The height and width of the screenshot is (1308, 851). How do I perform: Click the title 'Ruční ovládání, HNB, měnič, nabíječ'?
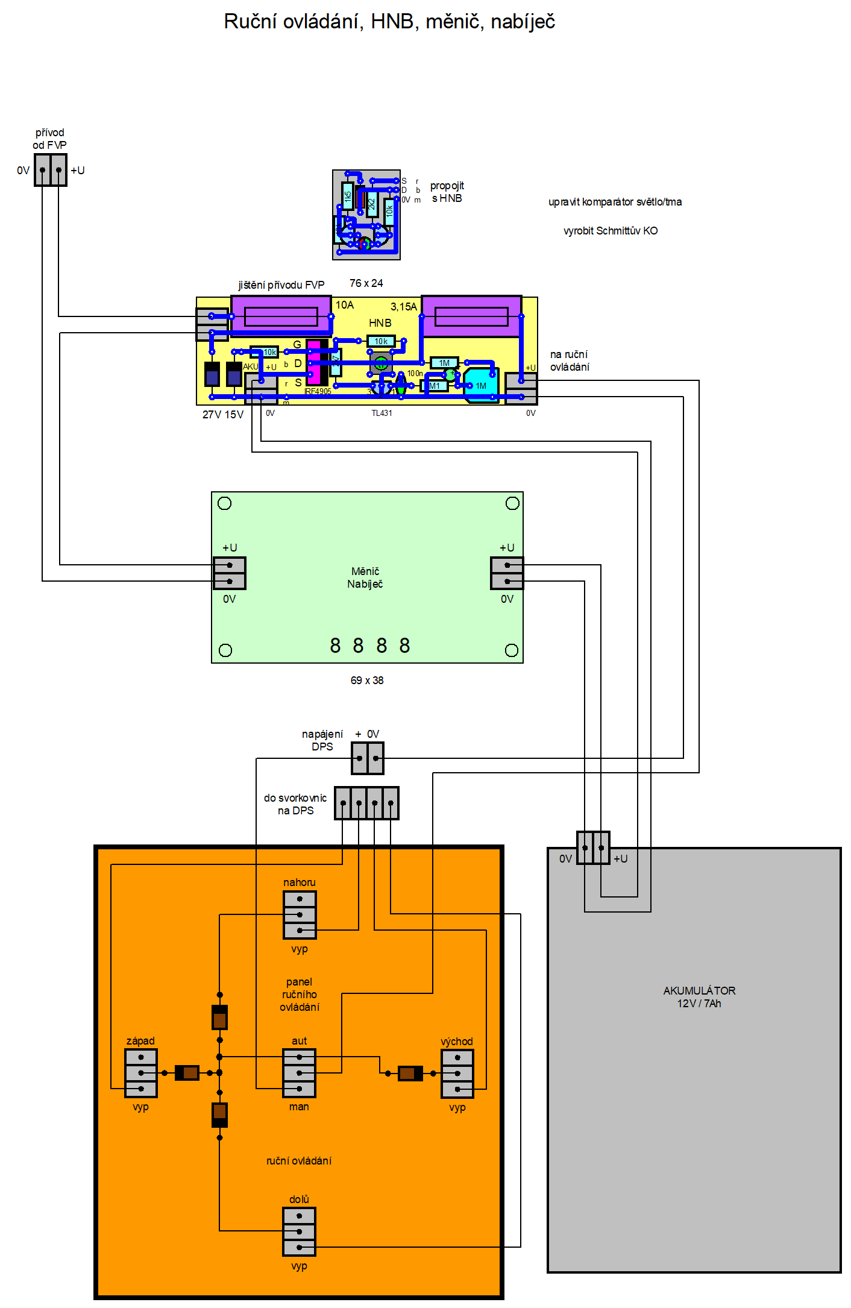click(389, 22)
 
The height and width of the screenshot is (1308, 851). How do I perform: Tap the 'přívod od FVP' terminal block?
click(51, 170)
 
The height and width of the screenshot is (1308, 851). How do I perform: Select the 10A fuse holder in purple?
click(281, 315)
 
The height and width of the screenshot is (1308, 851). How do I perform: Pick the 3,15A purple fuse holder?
click(471, 316)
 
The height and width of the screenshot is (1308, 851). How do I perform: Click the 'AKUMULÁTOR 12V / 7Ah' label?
click(699, 997)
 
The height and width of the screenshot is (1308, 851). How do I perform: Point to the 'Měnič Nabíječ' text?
click(365, 577)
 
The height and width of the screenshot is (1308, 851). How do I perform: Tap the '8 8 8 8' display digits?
click(369, 646)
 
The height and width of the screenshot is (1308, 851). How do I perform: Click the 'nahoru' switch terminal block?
click(300, 915)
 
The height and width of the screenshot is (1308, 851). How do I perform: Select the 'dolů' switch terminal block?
click(300, 1231)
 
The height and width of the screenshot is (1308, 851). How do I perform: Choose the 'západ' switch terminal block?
click(141, 1073)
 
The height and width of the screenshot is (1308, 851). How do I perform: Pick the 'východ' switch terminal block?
click(457, 1074)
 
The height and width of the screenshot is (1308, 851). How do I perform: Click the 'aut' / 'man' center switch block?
click(300, 1073)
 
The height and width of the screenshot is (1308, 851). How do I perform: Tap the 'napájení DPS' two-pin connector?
click(368, 758)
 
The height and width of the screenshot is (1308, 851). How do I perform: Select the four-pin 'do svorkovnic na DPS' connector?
click(366, 803)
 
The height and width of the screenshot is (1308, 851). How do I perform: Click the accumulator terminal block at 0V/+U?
click(593, 847)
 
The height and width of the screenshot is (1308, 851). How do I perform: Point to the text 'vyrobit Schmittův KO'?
click(611, 231)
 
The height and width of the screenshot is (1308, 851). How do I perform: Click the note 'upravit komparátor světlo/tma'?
click(615, 202)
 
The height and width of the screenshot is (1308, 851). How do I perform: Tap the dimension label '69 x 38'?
click(367, 681)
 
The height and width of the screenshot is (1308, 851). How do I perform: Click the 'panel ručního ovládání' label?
click(300, 995)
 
